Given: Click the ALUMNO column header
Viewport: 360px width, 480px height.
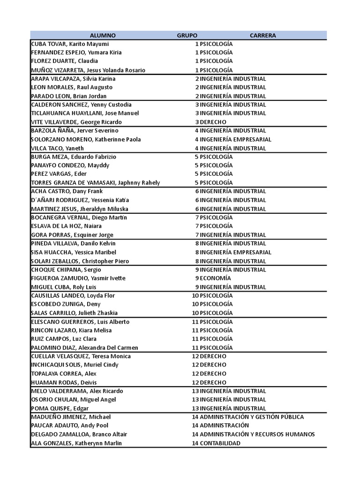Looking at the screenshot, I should point(103,35).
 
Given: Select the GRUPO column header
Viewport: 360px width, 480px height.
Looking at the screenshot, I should point(187,35).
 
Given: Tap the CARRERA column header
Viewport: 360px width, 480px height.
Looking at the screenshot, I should point(262,35).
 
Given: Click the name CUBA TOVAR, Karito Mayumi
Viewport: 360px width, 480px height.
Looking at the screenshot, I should point(69,44).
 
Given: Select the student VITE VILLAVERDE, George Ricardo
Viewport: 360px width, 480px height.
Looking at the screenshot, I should point(76,122).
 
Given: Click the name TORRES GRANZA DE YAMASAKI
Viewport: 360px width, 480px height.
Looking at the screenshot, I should point(95,183).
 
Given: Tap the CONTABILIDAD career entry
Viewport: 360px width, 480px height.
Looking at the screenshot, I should point(220,443).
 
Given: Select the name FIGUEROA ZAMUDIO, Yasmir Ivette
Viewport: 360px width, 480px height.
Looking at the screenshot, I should point(78,278).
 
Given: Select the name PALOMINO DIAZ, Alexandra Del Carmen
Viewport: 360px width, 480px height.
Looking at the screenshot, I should point(84,348).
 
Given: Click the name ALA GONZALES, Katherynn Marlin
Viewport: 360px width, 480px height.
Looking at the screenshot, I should point(76,443).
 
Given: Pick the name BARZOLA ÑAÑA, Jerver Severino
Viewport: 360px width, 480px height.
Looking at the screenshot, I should point(75,130).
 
